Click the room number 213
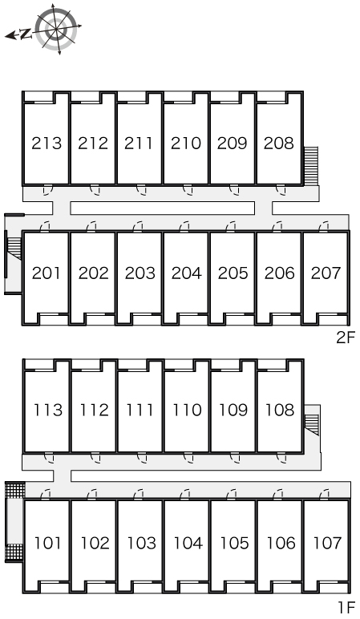coord(47,143)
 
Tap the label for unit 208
coord(279,143)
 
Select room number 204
coord(186,273)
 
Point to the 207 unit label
coord(326,273)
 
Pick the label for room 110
coord(186,410)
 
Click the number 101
coord(48,543)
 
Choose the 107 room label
coord(326,543)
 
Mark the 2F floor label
coord(346,338)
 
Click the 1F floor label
coord(346,606)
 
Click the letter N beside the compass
coord(26,34)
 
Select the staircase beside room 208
coord(311,165)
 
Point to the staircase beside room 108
coord(312,419)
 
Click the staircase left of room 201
coord(14,249)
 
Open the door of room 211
coord(141,190)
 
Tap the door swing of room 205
coord(231,227)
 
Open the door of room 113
coord(49,457)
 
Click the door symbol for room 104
coord(184,494)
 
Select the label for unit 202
coord(93,273)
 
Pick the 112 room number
coord(94,410)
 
